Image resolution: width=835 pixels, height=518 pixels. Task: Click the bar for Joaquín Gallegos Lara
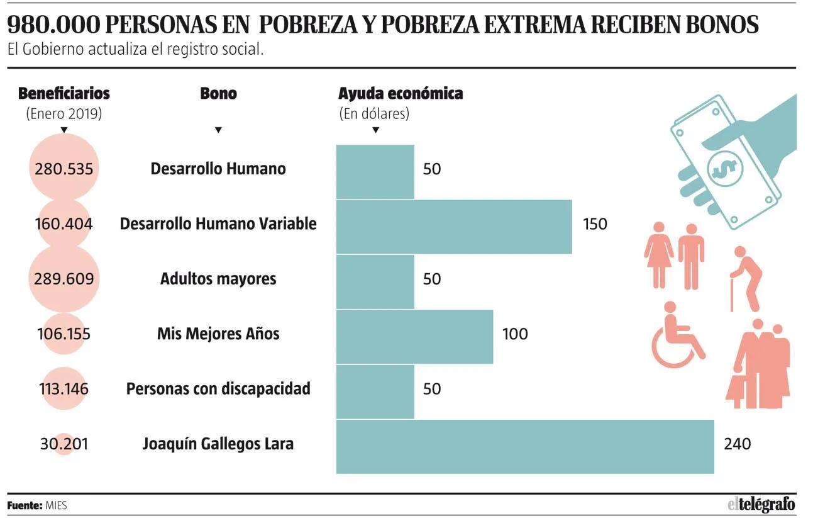pos(525,447)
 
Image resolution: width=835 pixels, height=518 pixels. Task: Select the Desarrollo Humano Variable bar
pos(454,227)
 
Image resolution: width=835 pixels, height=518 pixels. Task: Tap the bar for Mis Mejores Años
pos(414,337)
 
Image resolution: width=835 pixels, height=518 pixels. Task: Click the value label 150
pos(595,224)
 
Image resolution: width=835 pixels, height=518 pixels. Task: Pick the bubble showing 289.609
pos(64,279)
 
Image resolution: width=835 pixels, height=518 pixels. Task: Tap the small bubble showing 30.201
pos(64,444)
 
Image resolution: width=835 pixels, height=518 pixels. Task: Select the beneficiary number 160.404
pos(64,224)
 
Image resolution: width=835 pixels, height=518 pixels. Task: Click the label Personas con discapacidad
pos(218,389)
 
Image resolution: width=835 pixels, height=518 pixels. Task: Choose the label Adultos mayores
pos(218,279)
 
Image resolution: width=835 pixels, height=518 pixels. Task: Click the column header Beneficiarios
pos(64,93)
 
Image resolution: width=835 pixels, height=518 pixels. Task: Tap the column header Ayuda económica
pos(401,93)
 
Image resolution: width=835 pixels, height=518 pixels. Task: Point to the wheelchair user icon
pos(678,335)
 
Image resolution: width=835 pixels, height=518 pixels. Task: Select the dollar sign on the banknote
pos(725,169)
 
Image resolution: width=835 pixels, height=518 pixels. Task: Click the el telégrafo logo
pos(761,505)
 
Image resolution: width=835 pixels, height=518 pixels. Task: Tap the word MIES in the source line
pos(57,505)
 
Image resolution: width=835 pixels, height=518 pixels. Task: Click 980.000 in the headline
pos(53,25)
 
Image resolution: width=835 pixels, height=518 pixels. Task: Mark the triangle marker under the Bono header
pos(218,130)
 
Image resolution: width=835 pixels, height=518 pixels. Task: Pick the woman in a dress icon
pos(659,256)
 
